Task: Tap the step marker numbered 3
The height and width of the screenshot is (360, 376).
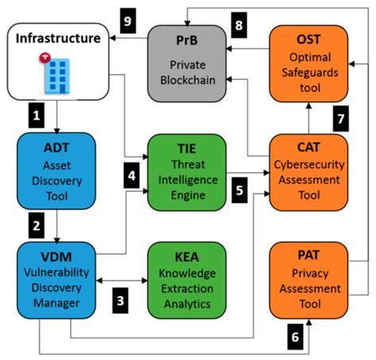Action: pyautogui.click(x=120, y=301)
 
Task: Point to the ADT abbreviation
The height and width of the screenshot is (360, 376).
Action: pyautogui.click(x=56, y=147)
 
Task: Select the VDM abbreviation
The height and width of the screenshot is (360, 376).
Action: pyautogui.click(x=56, y=259)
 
